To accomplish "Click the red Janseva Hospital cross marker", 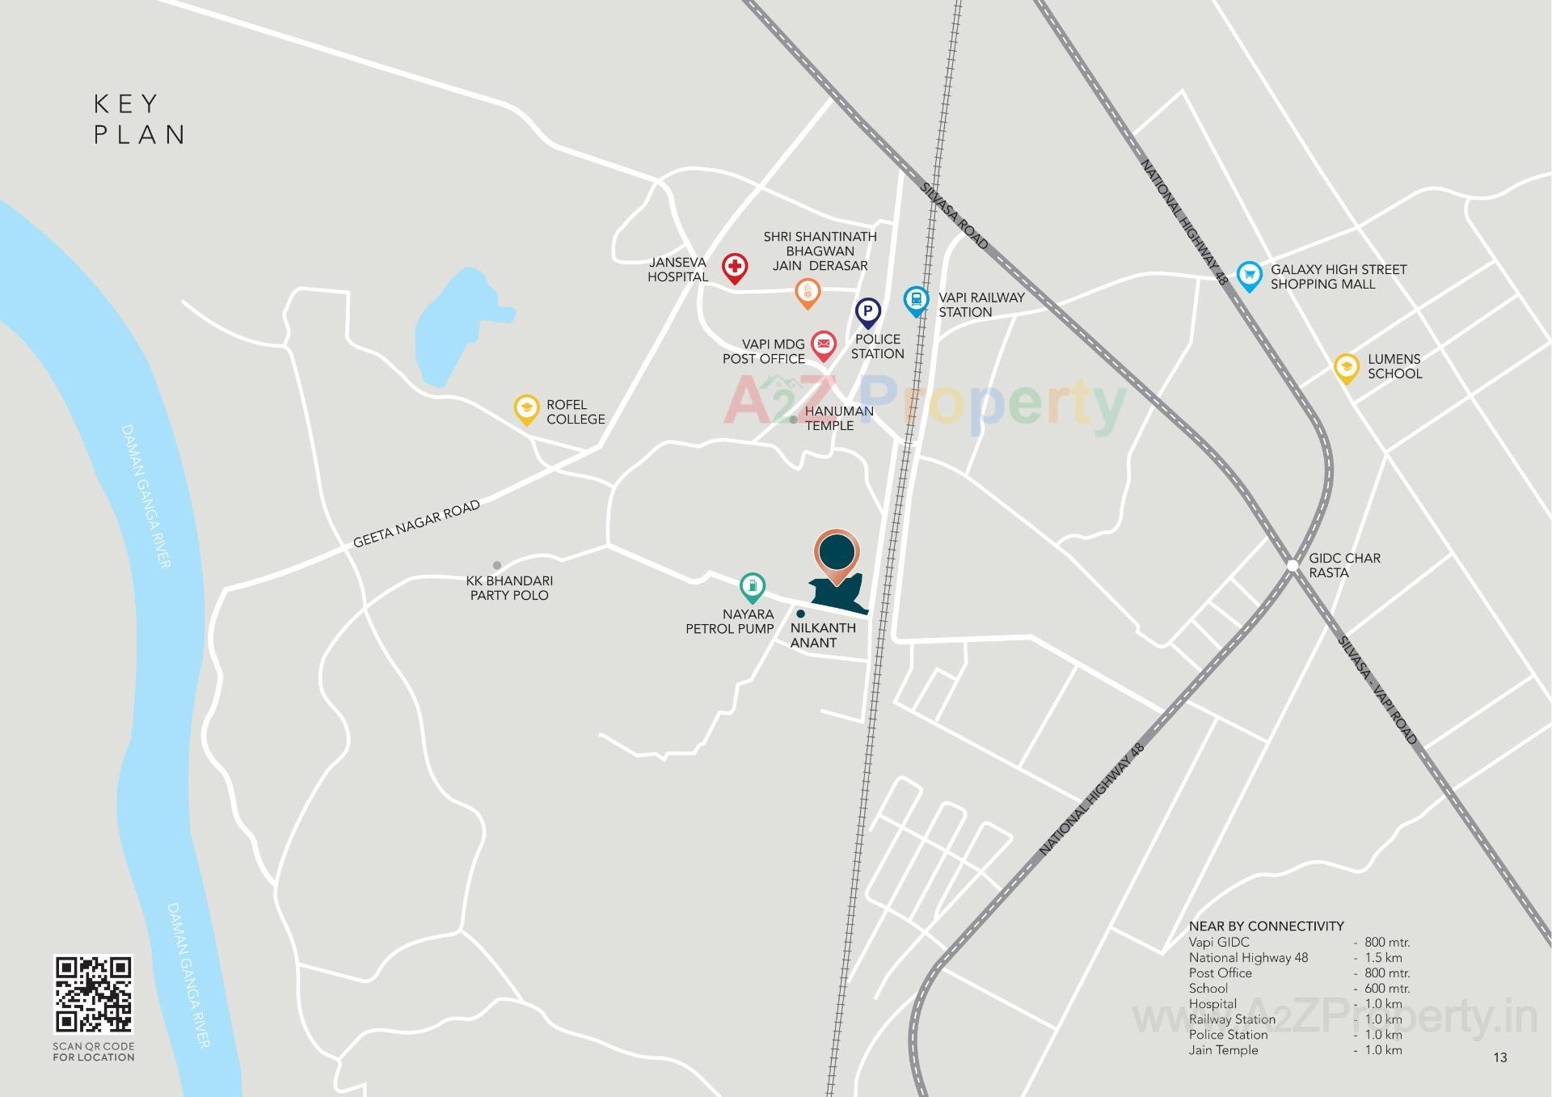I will (734, 266).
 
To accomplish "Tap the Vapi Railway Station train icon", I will (916, 301).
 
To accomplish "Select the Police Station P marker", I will (867, 311).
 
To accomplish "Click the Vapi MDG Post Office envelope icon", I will (823, 344).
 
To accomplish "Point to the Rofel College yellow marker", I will (526, 407).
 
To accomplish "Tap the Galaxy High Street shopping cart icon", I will (1249, 275).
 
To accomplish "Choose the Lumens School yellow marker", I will (1346, 368).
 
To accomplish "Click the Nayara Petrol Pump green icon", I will (753, 586).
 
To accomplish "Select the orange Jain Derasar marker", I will (808, 292).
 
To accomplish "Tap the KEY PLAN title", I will (139, 119).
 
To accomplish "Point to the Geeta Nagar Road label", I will (416, 523).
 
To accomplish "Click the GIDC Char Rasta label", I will (1344, 565).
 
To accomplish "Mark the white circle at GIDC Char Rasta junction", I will (1293, 564).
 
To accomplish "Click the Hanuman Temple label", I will (839, 418).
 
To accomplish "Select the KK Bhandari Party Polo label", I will (509, 588).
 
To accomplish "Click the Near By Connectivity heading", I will (1266, 926).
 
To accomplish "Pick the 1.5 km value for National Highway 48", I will (1383, 958).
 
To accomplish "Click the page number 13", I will (1500, 1057).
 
